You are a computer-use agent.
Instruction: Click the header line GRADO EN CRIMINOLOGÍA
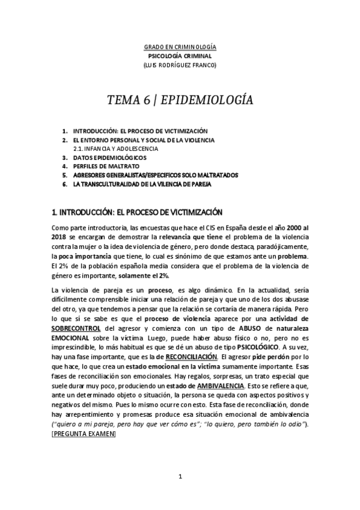[180, 47]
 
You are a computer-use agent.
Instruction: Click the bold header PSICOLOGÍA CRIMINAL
[180, 56]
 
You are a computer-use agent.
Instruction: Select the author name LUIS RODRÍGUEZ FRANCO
[180, 65]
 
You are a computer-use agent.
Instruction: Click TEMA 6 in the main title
[128, 100]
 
